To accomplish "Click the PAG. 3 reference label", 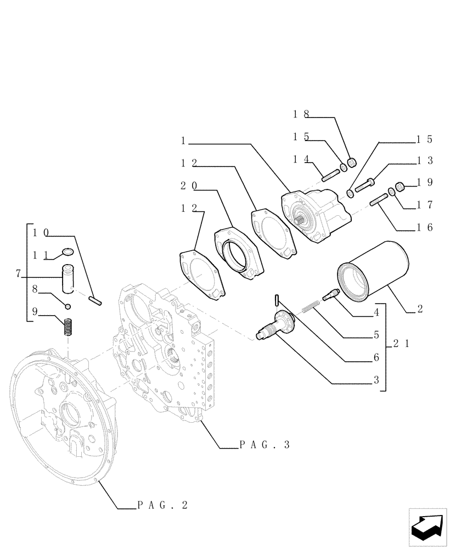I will [264, 446].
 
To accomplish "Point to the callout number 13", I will [425, 160].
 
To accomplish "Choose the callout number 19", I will [425, 182].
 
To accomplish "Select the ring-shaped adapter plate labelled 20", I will [238, 251].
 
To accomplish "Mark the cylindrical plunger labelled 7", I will [69, 279].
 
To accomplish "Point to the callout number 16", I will [425, 227].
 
